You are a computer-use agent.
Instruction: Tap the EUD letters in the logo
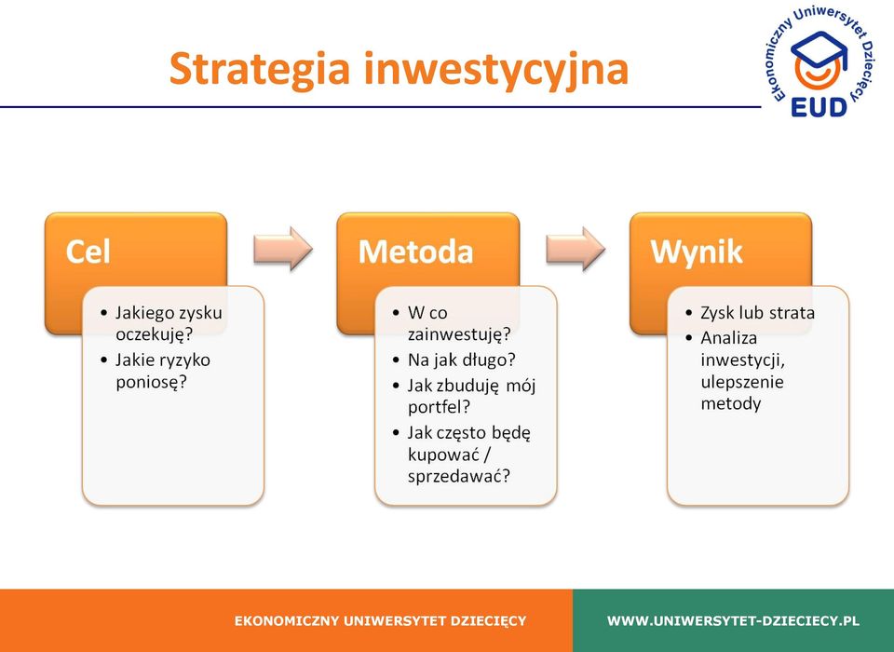pos(819,107)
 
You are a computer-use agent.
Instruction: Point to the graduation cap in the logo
pos(819,49)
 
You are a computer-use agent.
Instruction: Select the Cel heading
pos(88,251)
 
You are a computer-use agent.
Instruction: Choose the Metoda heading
pos(415,251)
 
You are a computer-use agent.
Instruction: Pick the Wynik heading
pos(697,251)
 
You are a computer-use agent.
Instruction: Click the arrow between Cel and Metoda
pos(283,249)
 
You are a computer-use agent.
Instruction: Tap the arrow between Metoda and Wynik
pos(576,249)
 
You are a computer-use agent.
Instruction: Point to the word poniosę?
pos(151,382)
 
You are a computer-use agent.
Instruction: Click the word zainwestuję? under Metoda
pos(459,333)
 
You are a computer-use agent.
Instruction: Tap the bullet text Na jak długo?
pos(461,360)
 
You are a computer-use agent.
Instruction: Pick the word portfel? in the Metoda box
pos(439,407)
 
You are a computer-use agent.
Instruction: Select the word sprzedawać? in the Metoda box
pos(459,476)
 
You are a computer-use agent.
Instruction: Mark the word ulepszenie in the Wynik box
pos(742,382)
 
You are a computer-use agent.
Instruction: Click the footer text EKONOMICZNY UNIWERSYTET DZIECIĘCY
pos(380,620)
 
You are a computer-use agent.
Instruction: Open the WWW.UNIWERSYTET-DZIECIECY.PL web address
pos(733,620)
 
